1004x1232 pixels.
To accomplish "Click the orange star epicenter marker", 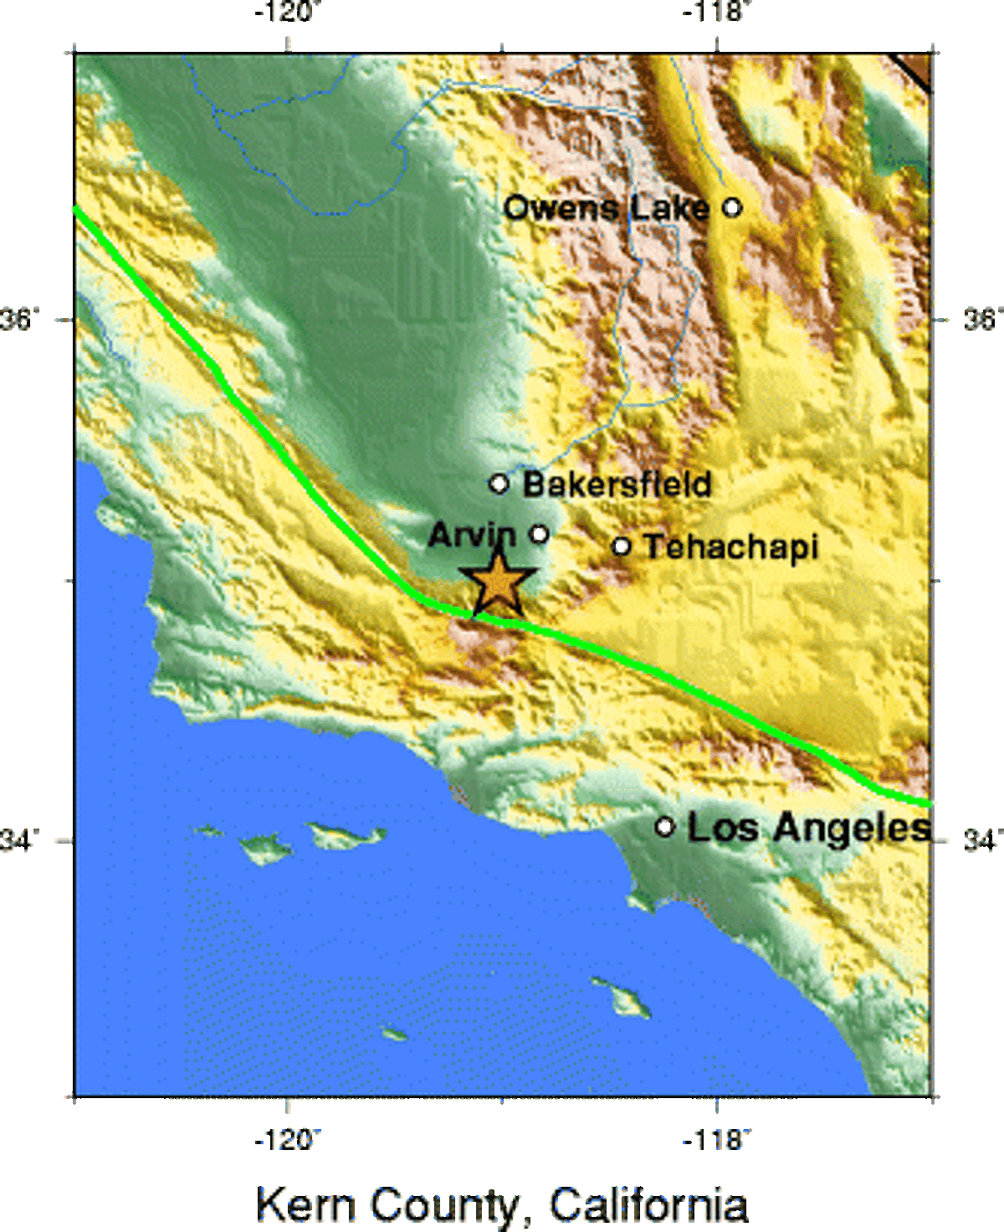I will [498, 583].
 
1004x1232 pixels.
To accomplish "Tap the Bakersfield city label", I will [617, 484].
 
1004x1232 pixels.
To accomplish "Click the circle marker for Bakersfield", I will [499, 483].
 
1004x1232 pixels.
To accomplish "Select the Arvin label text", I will [472, 535].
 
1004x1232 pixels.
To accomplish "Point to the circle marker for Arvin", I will [540, 534].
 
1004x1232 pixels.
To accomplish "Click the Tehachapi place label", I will [730, 547].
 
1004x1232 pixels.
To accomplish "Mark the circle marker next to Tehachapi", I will [621, 547].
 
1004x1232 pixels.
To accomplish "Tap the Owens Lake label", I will [607, 208].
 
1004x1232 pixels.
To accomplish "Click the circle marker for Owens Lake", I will [732, 207].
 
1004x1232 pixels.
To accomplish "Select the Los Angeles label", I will [808, 828].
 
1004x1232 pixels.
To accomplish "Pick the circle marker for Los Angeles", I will [664, 827].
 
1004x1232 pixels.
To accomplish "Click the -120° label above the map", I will [289, 13].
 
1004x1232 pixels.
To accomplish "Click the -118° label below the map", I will [718, 1139].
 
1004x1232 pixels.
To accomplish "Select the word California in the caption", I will [648, 1204].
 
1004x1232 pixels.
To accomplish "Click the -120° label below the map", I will [289, 1139].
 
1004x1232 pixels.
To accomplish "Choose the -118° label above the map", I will [718, 13].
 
